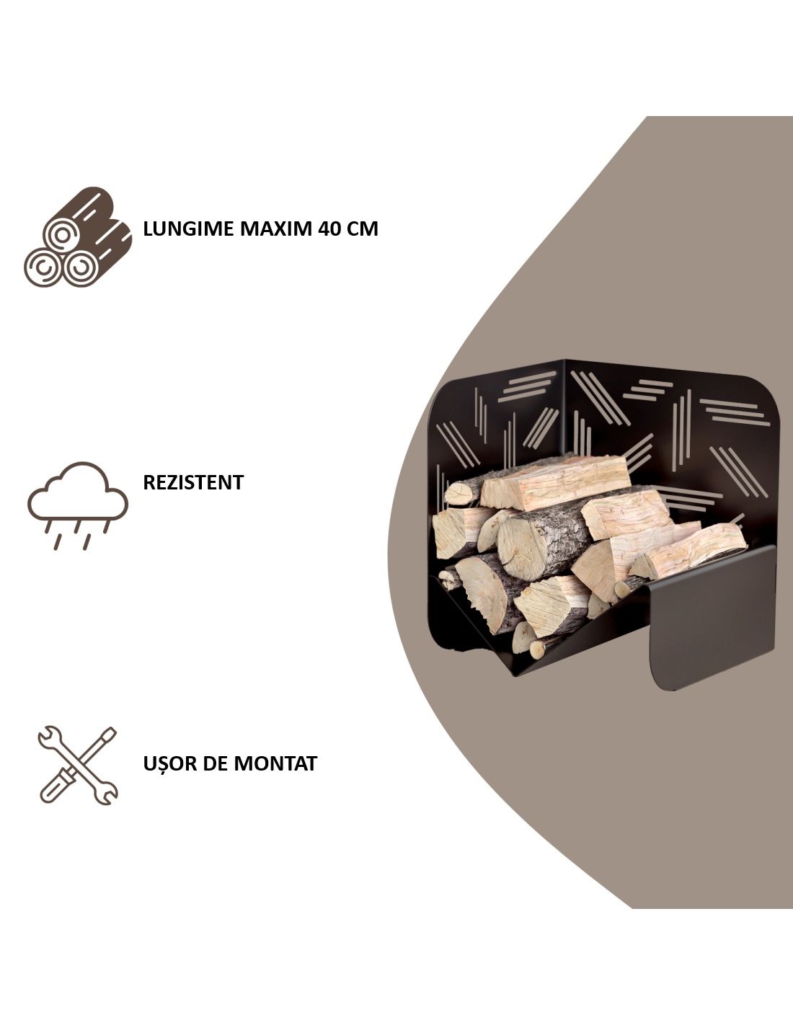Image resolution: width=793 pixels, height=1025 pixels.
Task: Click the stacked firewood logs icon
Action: tap(78, 237)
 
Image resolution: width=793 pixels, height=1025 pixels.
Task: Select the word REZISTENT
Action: tap(193, 482)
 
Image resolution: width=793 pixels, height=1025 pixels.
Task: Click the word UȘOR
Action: tap(170, 763)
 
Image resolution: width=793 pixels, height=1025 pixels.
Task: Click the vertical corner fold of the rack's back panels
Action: tap(564, 408)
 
